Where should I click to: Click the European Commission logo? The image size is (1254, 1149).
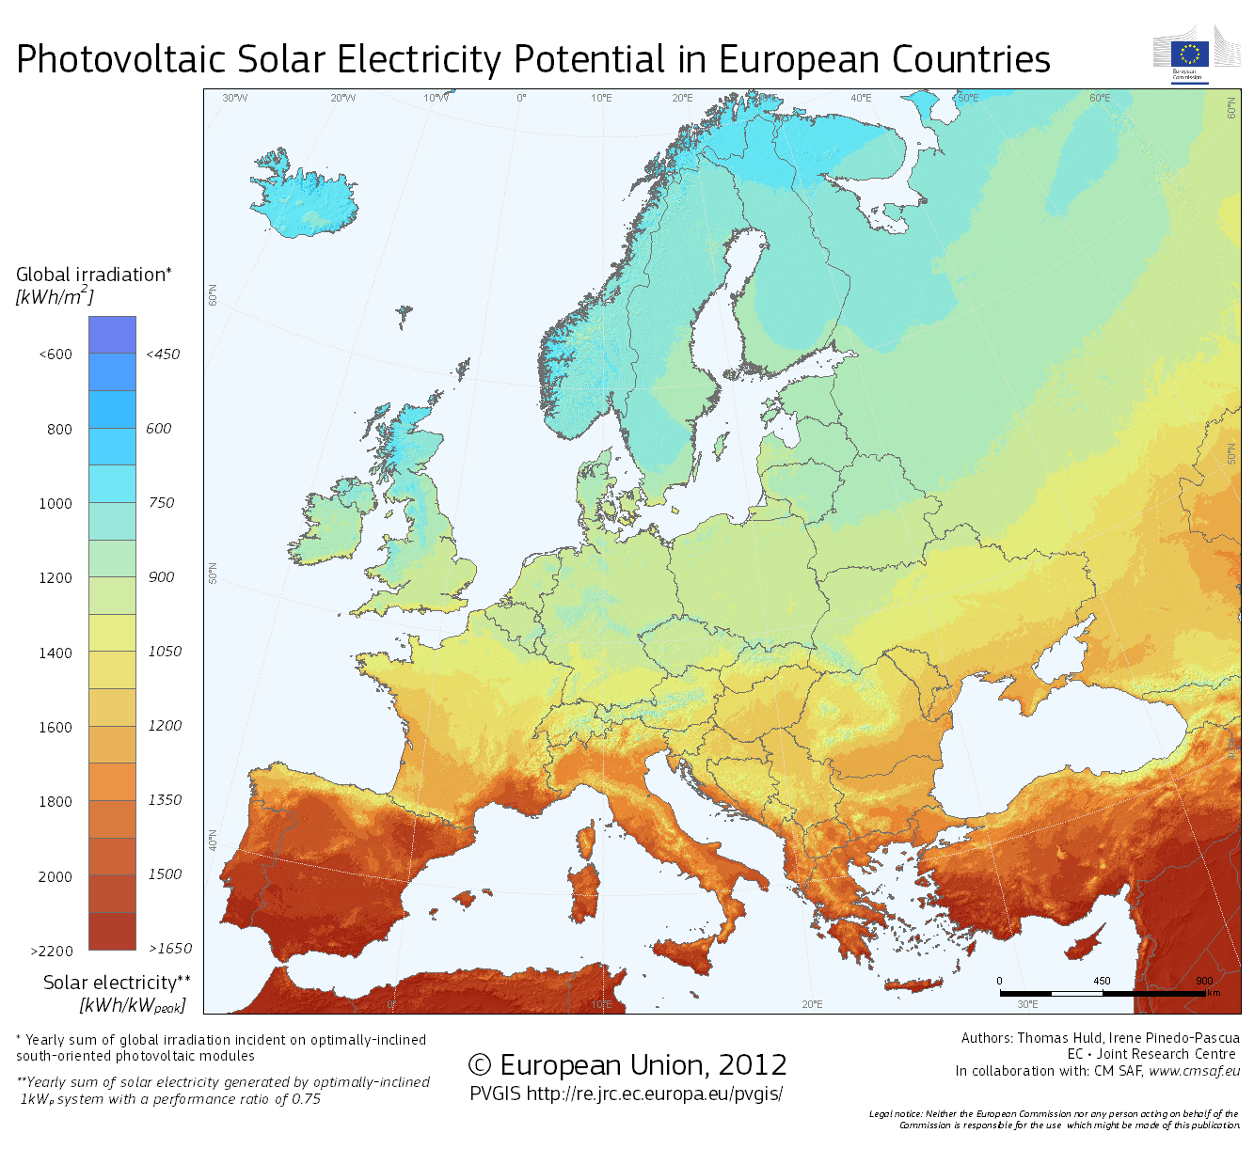click(1190, 55)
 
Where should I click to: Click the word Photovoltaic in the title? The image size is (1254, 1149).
click(120, 60)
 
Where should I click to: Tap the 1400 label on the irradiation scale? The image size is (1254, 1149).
click(56, 653)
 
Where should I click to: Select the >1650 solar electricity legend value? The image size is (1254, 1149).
click(170, 949)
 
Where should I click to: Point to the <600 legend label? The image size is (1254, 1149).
click(56, 354)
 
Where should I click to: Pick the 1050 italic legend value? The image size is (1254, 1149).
click(165, 652)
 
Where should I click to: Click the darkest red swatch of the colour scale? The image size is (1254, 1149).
click(113, 931)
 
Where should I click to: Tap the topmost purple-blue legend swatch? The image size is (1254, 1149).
click(113, 335)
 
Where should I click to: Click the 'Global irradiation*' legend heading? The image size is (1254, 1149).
click(93, 275)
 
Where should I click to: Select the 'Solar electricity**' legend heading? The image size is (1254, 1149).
click(117, 984)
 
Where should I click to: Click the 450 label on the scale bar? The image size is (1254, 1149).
click(1102, 981)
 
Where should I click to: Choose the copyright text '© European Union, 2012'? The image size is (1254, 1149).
click(627, 1065)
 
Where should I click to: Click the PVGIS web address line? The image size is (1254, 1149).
click(626, 1094)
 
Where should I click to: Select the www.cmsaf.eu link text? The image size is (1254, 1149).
click(1194, 1071)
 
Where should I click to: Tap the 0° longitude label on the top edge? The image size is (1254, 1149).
click(521, 98)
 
